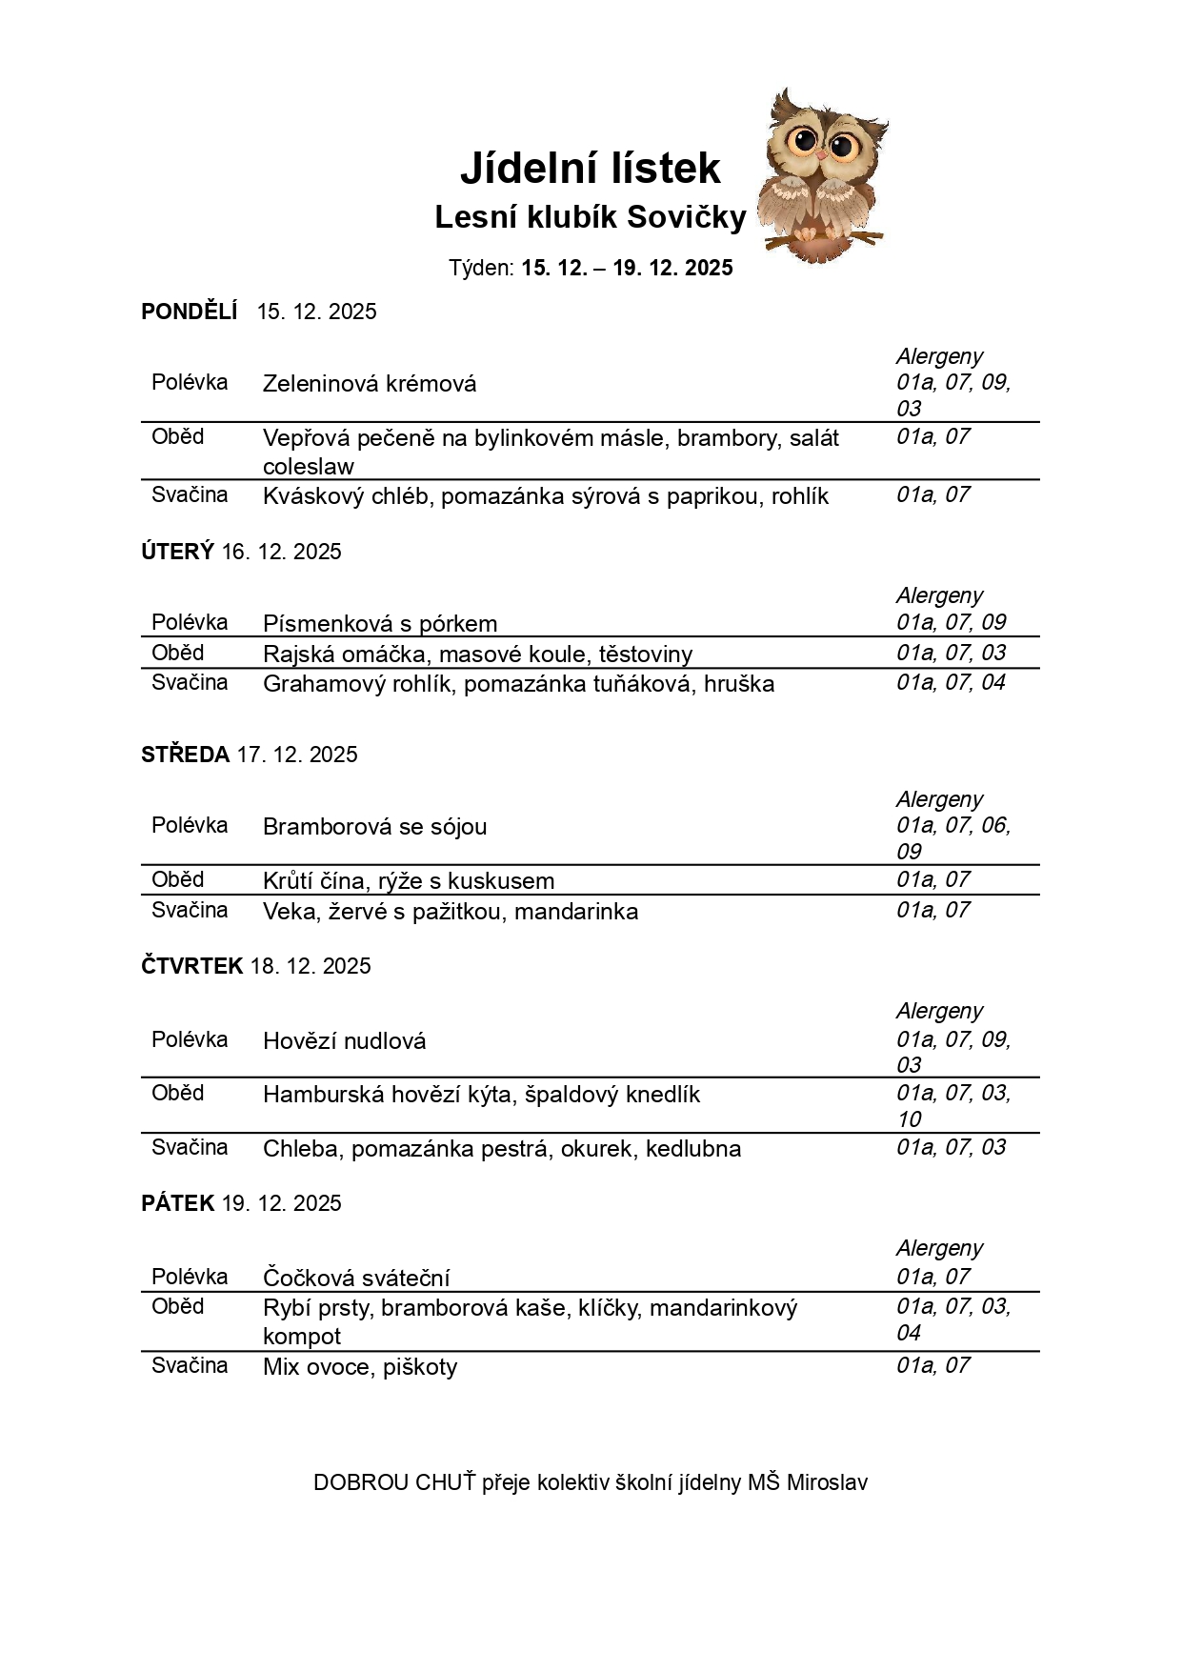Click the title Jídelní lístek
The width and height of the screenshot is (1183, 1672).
[x=590, y=169]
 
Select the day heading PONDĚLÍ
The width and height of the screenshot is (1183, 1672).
[x=189, y=312]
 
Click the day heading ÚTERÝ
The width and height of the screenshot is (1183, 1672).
[x=177, y=552]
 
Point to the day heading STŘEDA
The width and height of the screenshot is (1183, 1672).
[x=185, y=755]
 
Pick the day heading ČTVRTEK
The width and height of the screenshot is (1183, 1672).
[x=191, y=966]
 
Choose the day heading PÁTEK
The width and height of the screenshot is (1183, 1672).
[x=178, y=1203]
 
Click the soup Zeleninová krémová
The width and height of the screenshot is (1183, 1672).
[x=370, y=384]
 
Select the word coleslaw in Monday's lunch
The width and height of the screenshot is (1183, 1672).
[x=308, y=467]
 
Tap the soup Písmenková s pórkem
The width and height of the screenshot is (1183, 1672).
[x=380, y=624]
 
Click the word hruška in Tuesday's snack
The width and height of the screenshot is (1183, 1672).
[x=739, y=684]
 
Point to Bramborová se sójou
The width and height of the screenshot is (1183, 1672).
[x=374, y=827]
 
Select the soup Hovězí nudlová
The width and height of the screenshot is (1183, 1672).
[x=344, y=1041]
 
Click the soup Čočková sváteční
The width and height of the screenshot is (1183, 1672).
[x=356, y=1279]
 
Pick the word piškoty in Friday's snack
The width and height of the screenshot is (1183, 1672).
[x=420, y=1367]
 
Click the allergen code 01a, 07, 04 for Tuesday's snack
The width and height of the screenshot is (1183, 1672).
[x=951, y=682]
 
